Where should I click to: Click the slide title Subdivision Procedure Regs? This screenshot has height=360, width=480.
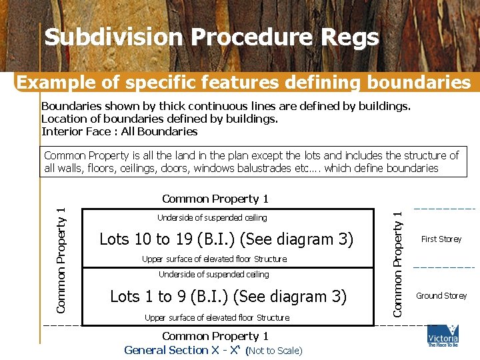(x=211, y=38)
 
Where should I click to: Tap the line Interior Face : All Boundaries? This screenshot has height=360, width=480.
(x=119, y=131)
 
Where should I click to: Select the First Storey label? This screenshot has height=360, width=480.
(x=441, y=239)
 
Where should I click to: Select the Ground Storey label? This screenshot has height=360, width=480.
(x=441, y=296)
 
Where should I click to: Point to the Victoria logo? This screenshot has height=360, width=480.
(x=443, y=335)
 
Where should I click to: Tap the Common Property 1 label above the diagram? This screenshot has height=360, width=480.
(x=215, y=199)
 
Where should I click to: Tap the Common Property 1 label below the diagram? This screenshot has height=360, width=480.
(x=215, y=336)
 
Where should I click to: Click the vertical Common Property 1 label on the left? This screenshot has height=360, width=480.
(x=61, y=260)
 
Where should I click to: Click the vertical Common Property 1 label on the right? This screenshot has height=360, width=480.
(x=398, y=263)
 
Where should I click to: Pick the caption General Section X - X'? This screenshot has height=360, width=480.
(x=183, y=350)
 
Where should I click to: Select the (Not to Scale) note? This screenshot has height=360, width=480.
(x=274, y=351)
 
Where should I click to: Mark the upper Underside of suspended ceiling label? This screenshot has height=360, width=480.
(x=212, y=218)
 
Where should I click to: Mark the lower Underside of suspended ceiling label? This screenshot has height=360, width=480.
(x=213, y=275)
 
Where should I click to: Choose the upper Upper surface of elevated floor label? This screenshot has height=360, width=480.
(x=214, y=259)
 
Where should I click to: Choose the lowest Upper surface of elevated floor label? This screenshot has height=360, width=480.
(x=217, y=318)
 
